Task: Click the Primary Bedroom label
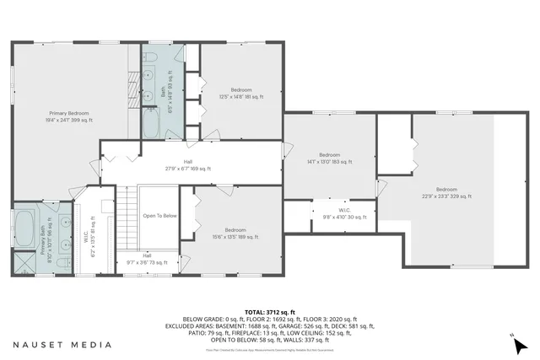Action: [69, 116]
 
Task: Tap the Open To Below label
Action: [159, 216]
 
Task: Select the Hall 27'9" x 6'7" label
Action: [188, 164]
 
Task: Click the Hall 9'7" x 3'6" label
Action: [147, 259]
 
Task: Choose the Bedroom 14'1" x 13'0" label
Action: [329, 159]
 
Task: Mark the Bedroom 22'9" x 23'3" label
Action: [446, 193]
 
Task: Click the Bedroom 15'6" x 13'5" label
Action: [235, 234]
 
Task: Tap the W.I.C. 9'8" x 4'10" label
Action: [345, 213]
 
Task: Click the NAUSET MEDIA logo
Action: [62, 345]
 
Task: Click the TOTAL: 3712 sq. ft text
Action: [269, 310]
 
